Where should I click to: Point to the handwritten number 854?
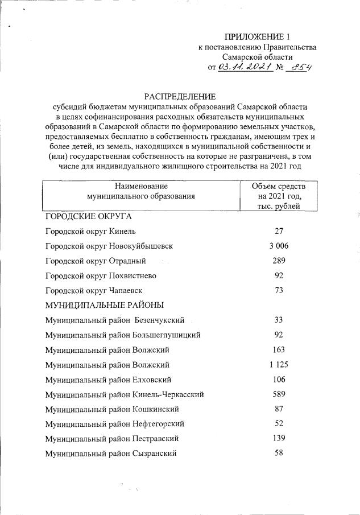click(x=302, y=68)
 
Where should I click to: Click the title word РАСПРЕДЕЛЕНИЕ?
click(x=180, y=96)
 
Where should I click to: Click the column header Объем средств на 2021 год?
click(x=278, y=196)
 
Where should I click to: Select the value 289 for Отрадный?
click(x=279, y=261)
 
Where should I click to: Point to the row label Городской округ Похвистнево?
click(x=101, y=276)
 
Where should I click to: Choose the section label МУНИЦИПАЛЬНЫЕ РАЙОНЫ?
click(x=105, y=305)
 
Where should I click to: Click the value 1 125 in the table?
click(x=279, y=365)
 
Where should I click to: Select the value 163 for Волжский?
click(x=279, y=349)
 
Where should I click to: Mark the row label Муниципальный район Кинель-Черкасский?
click(x=124, y=394)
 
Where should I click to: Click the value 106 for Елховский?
click(x=279, y=380)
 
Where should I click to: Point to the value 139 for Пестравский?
click(x=279, y=439)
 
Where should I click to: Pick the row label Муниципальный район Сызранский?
click(x=110, y=454)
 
